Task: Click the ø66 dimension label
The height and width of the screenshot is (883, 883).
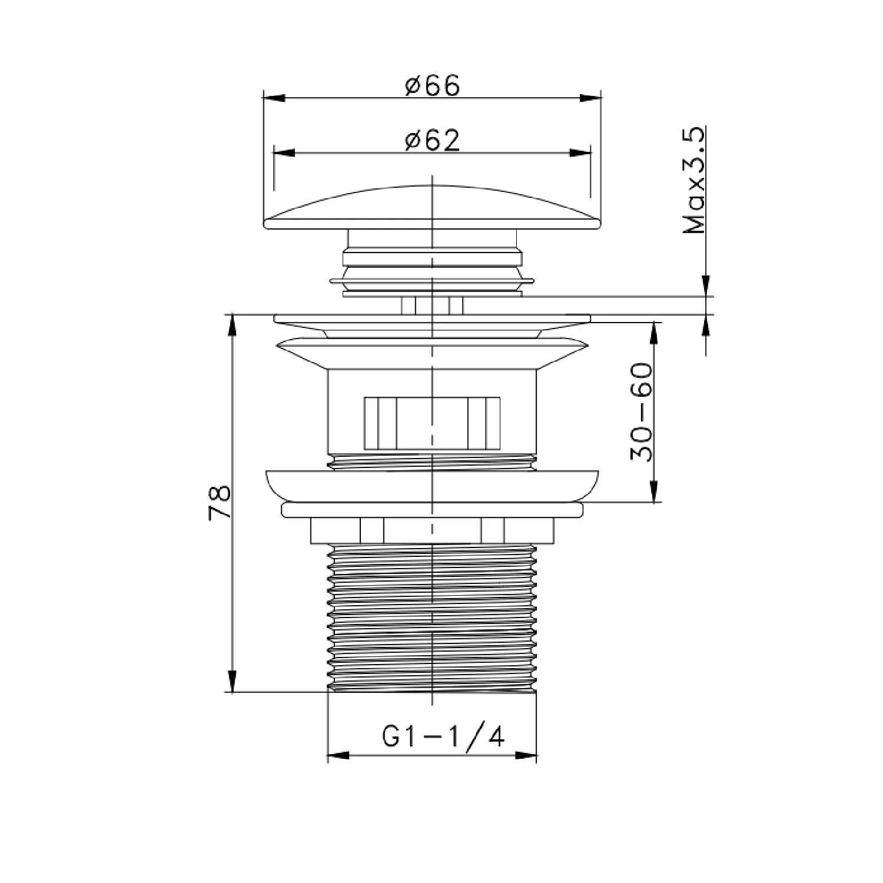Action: (432, 86)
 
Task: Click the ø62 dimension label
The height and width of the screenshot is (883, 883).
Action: (432, 141)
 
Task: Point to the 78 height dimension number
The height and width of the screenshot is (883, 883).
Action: (219, 502)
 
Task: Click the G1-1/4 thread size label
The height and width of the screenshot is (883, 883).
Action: (443, 736)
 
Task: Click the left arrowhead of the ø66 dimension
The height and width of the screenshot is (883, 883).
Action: (274, 98)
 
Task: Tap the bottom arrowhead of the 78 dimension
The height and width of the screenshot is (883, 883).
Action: (233, 681)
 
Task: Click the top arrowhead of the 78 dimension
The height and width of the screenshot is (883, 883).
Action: (233, 326)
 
